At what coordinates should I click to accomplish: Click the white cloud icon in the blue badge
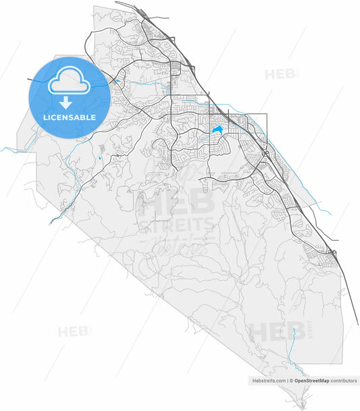(68, 82)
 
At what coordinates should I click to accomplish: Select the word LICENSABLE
(70, 117)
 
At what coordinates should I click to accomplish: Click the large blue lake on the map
(217, 130)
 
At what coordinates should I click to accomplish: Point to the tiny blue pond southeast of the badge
(100, 159)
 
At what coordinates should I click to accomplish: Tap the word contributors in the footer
(344, 381)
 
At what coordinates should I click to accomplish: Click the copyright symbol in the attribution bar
(292, 381)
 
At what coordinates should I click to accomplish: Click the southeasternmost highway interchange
(332, 254)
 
